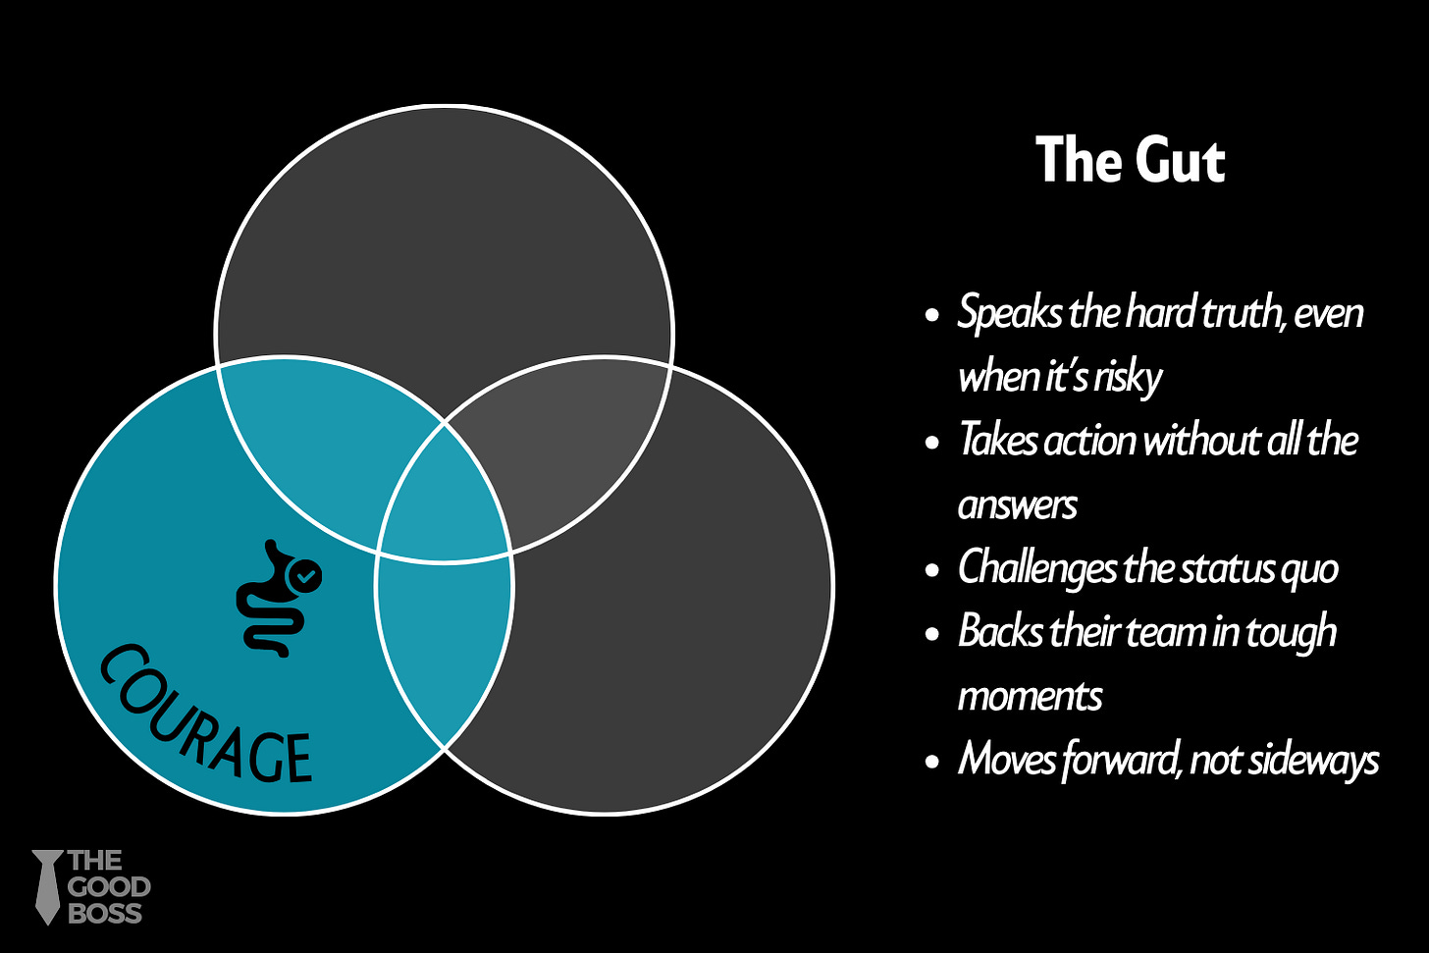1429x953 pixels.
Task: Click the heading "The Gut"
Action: pyautogui.click(x=1130, y=160)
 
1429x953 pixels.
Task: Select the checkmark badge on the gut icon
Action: pyautogui.click(x=307, y=576)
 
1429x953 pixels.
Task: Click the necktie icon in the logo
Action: pyautogui.click(x=46, y=886)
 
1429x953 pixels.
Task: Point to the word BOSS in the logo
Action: pyautogui.click(x=105, y=913)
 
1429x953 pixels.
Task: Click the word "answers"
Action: pyautogui.click(x=1018, y=505)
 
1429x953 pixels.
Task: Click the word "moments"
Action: pyautogui.click(x=1031, y=697)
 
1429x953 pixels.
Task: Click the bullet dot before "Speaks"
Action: pyautogui.click(x=932, y=316)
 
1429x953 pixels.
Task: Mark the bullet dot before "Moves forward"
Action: pyautogui.click(x=932, y=762)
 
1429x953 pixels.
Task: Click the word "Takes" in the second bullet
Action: pyautogui.click(x=997, y=441)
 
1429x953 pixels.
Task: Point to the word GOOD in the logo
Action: pyautogui.click(x=109, y=887)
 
